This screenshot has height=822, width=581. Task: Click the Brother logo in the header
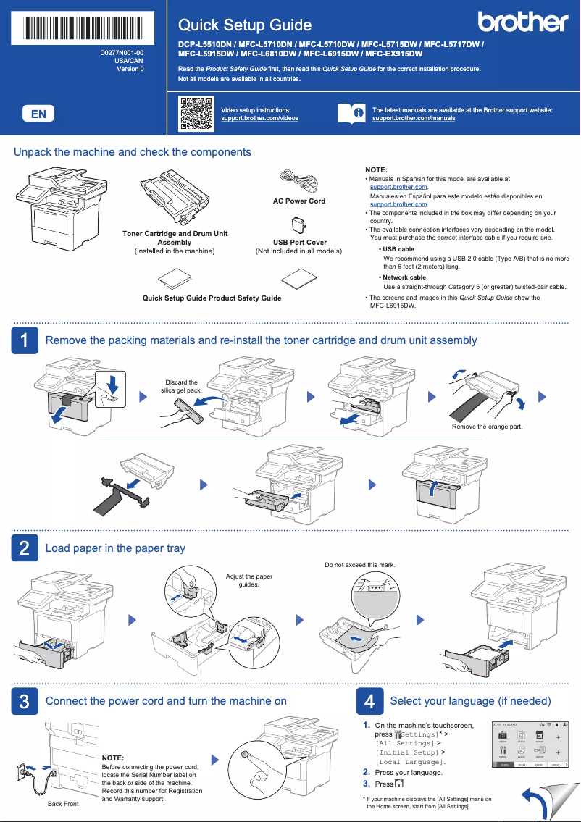pos(522,22)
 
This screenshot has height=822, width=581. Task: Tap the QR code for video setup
pos(196,113)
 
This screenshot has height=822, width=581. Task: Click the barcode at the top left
pos(84,28)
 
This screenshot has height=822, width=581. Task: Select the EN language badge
pos(38,114)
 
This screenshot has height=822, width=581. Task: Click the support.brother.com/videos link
pos(259,117)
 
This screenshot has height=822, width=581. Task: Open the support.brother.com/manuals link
pos(414,117)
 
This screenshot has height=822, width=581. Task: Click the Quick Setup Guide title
pos(245,25)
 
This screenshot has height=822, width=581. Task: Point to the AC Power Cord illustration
pos(298,182)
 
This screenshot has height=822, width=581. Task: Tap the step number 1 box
pos(25,340)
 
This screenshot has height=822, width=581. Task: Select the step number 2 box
pos(25,548)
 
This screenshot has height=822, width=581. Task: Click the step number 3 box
pos(25,701)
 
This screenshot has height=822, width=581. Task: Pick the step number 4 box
pos(369,701)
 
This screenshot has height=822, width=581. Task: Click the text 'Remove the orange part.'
pos(487,427)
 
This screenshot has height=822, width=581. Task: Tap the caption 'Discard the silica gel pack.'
pos(181,386)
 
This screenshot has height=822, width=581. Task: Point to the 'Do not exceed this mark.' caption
pos(360,564)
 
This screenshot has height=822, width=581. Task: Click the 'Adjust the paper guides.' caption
pos(249,580)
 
